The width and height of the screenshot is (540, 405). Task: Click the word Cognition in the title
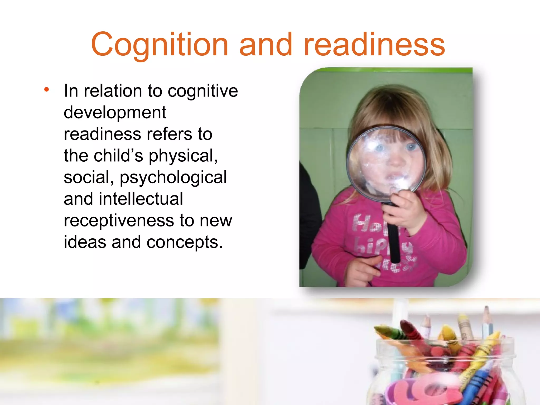pos(160,45)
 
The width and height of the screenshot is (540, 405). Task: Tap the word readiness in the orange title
pos(374,45)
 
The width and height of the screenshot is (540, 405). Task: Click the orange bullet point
pos(47,90)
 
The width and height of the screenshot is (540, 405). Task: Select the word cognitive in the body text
pos(203,91)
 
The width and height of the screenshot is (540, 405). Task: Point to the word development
pos(115,113)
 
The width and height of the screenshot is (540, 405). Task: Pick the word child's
pos(118,156)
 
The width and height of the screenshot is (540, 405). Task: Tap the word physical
pos(183,156)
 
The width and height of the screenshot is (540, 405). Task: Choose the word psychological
pos(173,178)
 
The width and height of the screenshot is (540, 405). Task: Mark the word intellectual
pos(141,199)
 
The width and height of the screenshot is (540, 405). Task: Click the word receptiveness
pos(119,221)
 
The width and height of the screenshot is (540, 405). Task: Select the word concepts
pos(184,243)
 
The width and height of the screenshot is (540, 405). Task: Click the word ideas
pos(85,242)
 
